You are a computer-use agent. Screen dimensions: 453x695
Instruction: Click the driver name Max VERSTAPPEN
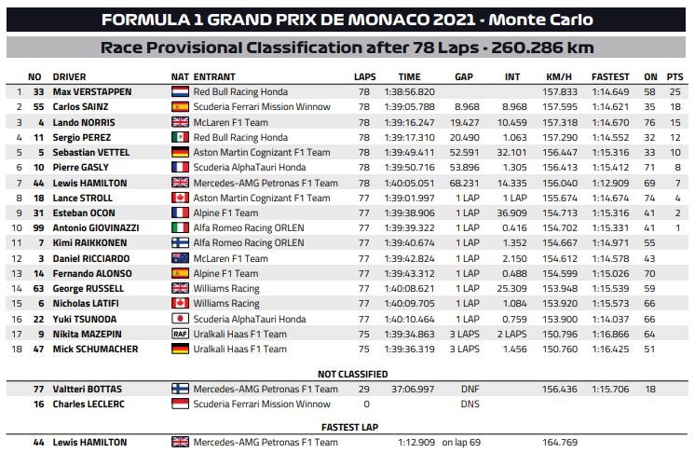pos(91,92)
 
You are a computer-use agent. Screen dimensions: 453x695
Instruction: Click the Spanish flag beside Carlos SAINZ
pos(180,107)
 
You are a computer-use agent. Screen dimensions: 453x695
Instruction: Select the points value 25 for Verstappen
pos(675,92)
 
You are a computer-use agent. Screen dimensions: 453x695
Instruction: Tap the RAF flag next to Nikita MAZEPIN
pos(180,334)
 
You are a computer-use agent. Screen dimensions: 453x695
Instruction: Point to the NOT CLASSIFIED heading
pos(347,374)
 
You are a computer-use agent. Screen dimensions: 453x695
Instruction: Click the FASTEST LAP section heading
pos(347,426)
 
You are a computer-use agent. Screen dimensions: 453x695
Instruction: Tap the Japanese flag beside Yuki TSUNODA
pos(180,319)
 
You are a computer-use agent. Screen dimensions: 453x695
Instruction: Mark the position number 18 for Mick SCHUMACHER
pos(17,349)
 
